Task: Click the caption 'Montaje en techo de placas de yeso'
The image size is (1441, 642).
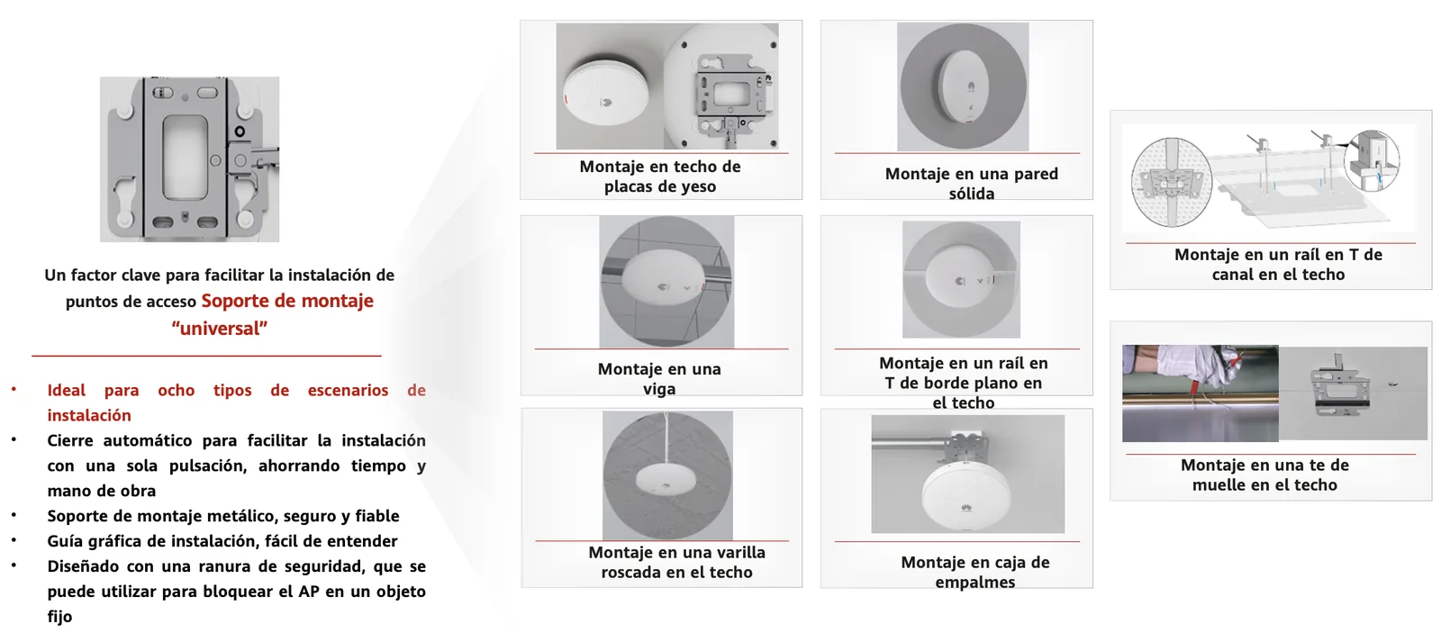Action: (660, 176)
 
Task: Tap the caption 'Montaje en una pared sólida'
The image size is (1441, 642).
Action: (972, 184)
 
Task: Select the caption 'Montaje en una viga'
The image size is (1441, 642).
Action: (659, 379)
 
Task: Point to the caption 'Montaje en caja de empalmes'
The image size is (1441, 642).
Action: (975, 572)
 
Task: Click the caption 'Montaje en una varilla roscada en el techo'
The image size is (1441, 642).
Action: (676, 562)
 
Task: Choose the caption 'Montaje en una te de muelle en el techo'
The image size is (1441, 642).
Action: (1264, 475)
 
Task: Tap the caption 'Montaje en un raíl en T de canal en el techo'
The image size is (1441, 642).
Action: (1278, 265)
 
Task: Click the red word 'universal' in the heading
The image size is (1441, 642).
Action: (220, 329)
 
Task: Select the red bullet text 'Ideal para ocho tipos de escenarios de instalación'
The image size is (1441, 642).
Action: (236, 402)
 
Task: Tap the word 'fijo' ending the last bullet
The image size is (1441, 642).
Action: (59, 616)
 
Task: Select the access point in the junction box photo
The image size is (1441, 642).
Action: (967, 493)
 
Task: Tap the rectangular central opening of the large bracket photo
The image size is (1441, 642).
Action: (185, 157)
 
